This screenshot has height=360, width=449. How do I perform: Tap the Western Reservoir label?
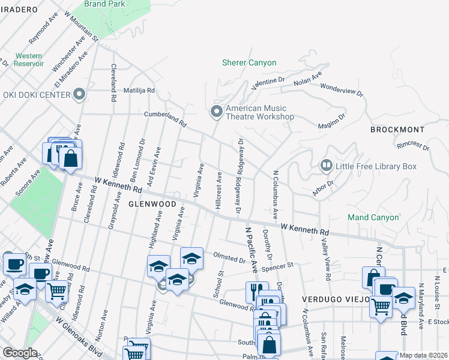29,59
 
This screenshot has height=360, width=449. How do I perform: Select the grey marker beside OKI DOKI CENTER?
79,94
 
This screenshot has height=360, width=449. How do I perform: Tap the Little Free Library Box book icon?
326,164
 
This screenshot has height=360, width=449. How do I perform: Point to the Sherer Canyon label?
249,62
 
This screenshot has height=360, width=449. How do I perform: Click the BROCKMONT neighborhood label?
397,130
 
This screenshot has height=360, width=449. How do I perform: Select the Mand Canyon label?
373,217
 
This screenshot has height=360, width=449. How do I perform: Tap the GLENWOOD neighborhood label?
152,204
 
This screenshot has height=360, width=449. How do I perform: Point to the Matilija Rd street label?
139,91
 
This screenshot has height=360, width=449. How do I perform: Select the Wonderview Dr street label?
342,89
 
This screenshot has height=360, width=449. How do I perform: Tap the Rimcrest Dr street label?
413,145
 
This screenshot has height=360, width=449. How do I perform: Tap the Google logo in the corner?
19,353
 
